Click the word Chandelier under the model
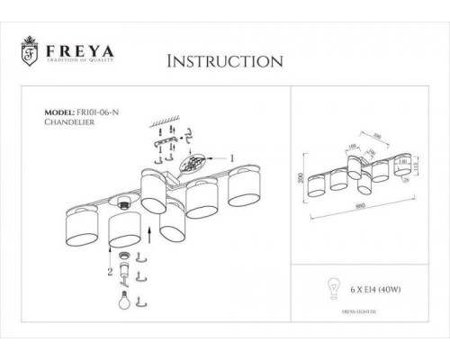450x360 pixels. coord(68,127)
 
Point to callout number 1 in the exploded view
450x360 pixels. coord(233,157)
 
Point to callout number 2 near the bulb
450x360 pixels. coord(109,269)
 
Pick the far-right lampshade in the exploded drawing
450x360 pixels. coord(244,187)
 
